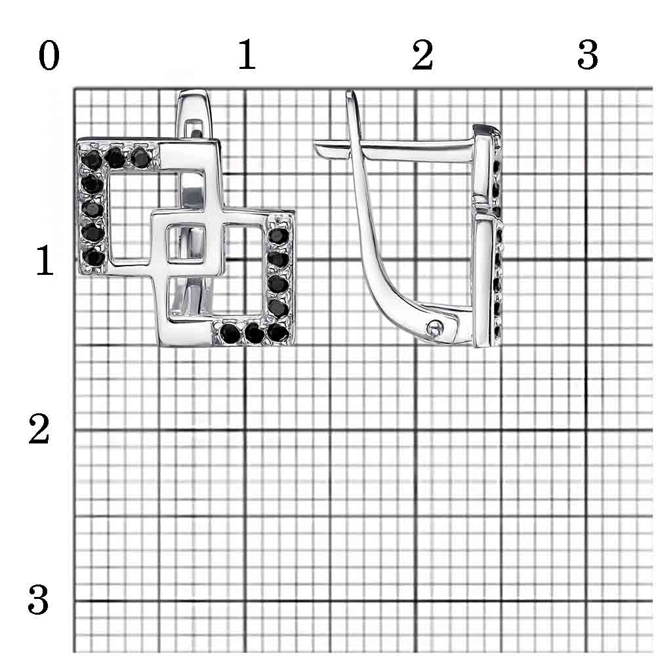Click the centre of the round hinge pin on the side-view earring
pyautogui.click(x=435, y=327)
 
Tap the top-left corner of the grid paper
pyautogui.click(x=75, y=89)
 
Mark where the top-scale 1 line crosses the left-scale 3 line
pyautogui.click(x=245, y=601)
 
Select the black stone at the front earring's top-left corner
pyautogui.click(x=92, y=159)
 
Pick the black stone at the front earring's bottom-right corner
pyautogui.click(x=277, y=333)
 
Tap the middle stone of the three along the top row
pyautogui.click(x=115, y=157)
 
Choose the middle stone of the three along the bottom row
pyautogui.click(x=253, y=333)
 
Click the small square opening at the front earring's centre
pyautogui.click(x=186, y=244)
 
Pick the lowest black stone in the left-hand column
pyautogui.click(x=94, y=258)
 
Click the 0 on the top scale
pyautogui.click(x=49, y=56)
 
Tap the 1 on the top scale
pyautogui.click(x=247, y=55)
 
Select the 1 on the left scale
pyautogui.click(x=45, y=260)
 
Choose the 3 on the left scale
pyautogui.click(x=38, y=600)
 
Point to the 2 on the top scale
pyautogui.click(x=422, y=55)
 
